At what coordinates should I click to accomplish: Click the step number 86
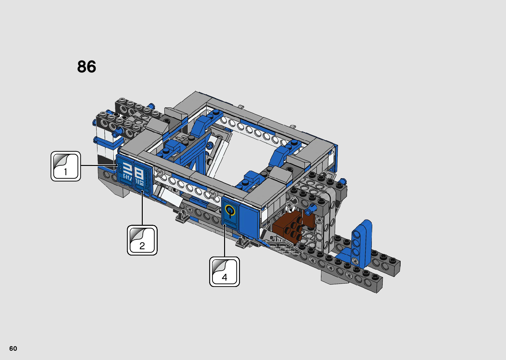click(87, 67)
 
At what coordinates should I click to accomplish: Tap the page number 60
click(13, 348)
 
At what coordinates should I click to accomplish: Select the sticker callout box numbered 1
click(66, 166)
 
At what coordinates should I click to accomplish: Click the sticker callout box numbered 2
click(142, 240)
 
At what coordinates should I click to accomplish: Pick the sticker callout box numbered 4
click(224, 272)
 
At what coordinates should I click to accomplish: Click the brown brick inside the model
click(292, 228)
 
